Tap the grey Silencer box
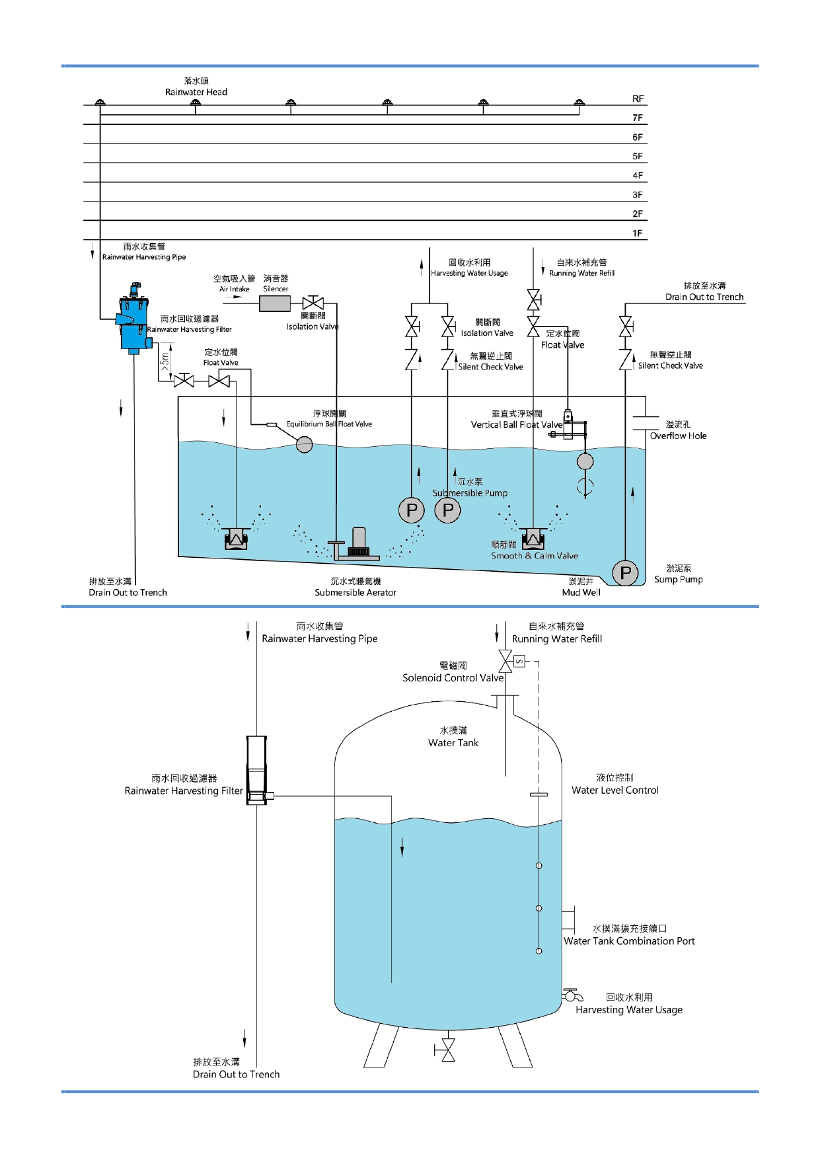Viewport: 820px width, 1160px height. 275,303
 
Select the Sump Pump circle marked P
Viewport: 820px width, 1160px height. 625,572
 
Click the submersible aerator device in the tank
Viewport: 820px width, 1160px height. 357,545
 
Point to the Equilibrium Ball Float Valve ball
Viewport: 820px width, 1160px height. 304,444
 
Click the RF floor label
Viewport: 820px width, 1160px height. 638,98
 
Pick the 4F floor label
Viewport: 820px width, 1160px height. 638,175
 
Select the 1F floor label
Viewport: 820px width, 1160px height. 638,233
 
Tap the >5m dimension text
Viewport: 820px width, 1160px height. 165,360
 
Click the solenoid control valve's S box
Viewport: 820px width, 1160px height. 519,661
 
